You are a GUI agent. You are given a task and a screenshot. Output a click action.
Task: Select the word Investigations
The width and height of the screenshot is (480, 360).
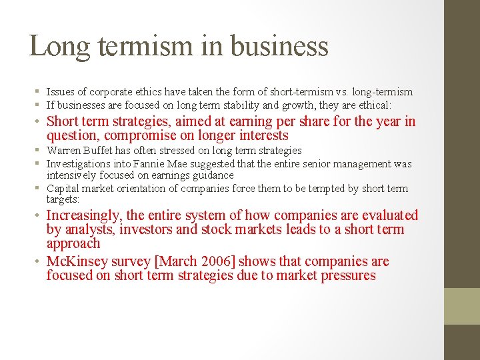(x=77, y=164)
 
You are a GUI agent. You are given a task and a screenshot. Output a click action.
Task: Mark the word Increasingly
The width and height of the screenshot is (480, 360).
(x=85, y=215)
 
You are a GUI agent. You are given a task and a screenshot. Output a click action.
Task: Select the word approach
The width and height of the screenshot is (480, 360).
(x=73, y=244)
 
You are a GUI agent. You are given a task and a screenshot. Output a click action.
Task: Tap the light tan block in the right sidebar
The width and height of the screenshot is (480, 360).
(x=462, y=306)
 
